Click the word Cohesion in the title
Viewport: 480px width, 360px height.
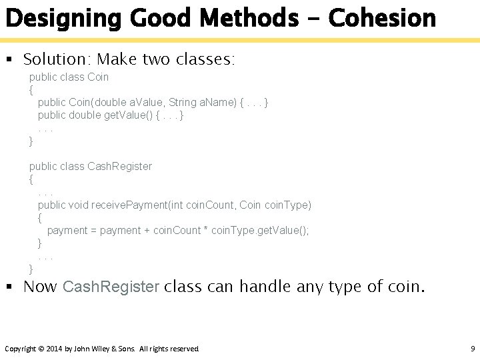pyautogui.click(x=383, y=18)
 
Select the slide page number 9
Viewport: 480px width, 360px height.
pyautogui.click(x=472, y=349)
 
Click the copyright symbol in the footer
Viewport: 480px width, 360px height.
pyautogui.click(x=41, y=349)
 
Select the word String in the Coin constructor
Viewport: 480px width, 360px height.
pyautogui.click(x=182, y=103)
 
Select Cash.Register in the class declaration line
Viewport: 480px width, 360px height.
pyautogui.click(x=119, y=166)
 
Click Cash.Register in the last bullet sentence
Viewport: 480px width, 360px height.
pyautogui.click(x=111, y=287)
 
